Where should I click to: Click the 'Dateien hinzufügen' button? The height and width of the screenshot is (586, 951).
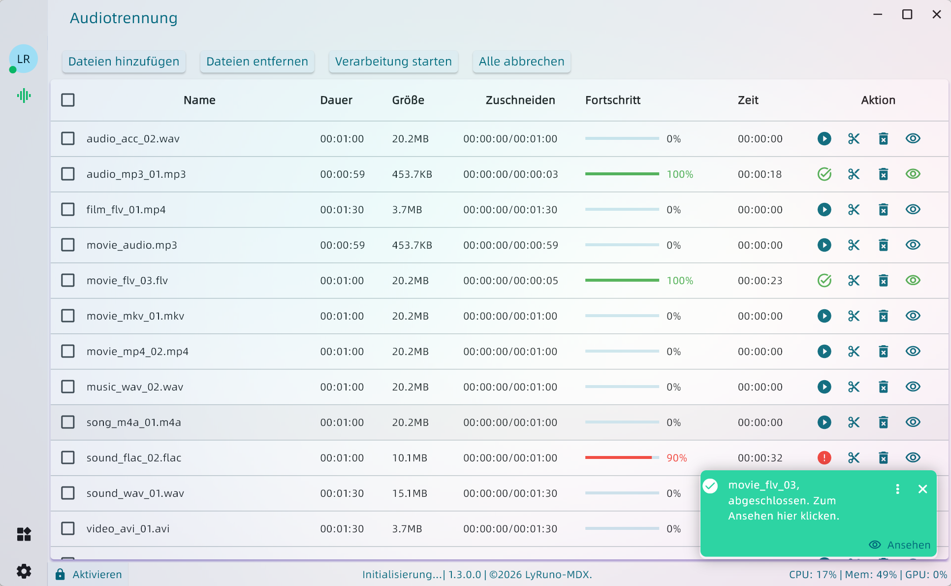124,62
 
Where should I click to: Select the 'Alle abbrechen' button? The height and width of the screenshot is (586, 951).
521,62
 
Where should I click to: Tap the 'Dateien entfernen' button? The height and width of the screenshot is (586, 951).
257,62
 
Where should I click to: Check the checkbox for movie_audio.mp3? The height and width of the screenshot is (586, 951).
68,245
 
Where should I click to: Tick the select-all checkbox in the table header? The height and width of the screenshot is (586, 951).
68,100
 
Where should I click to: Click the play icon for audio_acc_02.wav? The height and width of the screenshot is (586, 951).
824,139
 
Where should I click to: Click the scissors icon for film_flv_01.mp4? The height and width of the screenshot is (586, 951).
854,210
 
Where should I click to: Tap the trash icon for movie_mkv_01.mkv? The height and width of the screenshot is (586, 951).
883,316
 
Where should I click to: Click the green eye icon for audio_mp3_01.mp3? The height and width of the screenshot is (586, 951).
913,174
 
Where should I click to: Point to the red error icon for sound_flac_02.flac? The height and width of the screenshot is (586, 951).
824,458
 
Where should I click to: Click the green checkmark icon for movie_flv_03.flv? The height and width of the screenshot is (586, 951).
824,281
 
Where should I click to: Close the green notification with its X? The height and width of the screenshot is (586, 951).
922,489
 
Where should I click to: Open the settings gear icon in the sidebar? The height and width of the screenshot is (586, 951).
24,571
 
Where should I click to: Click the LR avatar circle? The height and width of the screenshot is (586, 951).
24,59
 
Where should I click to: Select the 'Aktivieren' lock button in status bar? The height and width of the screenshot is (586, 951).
89,575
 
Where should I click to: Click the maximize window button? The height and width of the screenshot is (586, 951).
907,15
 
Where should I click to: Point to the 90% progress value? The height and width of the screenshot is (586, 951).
676,458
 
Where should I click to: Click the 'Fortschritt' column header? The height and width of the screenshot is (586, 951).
612,100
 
